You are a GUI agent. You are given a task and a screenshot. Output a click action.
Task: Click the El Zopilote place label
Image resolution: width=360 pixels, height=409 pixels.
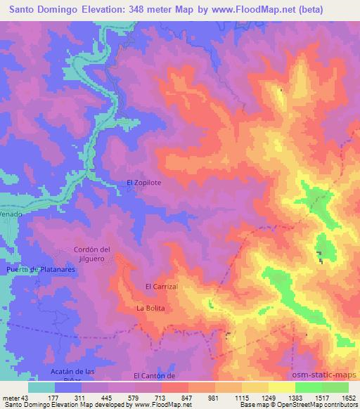143,183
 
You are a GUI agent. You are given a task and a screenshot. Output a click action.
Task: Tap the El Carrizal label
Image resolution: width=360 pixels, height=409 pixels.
162,287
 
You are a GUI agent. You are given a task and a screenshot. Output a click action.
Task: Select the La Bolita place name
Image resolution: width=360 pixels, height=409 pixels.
150,309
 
